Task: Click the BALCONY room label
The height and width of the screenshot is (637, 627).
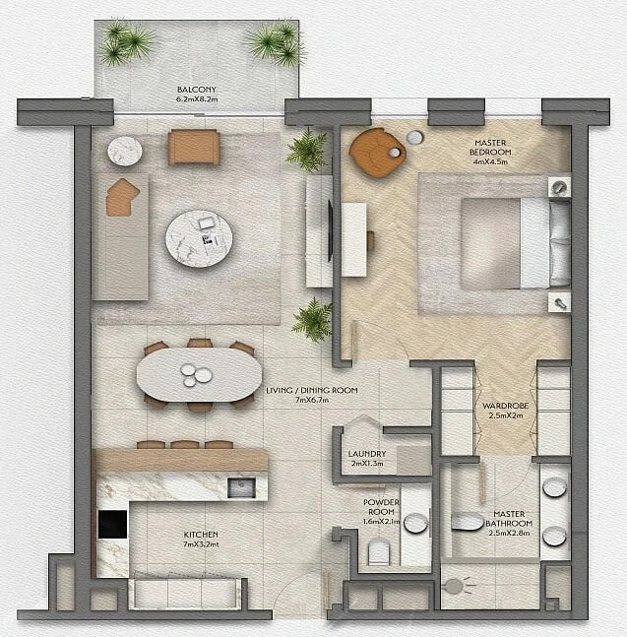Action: click(x=197, y=90)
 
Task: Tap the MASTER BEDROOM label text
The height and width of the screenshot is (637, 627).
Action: click(x=490, y=148)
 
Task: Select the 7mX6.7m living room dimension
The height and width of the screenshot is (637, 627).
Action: click(x=312, y=400)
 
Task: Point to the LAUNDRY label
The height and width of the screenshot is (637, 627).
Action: click(x=367, y=453)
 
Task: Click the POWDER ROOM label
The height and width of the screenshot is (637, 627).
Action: click(x=381, y=507)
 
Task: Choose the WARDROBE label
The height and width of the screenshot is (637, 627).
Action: click(x=505, y=406)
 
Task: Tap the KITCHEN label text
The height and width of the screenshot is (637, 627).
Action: click(x=201, y=535)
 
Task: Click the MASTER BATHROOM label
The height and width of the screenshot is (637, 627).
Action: click(x=509, y=519)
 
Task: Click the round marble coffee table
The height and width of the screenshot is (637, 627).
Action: click(x=199, y=238)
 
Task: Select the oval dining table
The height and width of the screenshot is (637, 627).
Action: click(x=199, y=374)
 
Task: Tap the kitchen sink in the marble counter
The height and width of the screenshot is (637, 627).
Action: click(x=241, y=487)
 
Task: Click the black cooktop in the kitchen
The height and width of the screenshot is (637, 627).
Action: click(x=112, y=525)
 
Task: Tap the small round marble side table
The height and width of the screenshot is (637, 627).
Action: click(x=125, y=151)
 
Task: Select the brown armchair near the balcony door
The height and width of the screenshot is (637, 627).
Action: click(x=194, y=147)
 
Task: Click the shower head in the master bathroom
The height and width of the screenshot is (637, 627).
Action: click(x=455, y=586)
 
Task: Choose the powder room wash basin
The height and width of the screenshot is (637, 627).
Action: click(x=416, y=523)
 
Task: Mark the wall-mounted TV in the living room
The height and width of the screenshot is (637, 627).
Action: click(x=331, y=230)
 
